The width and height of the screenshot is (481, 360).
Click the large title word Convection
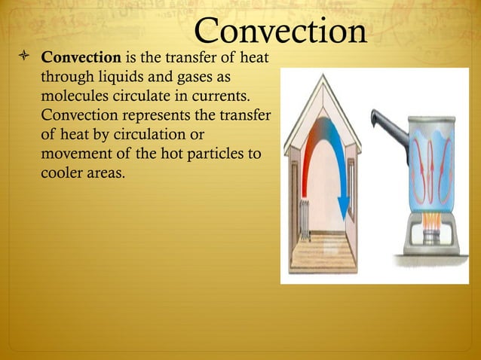click(280, 31)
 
